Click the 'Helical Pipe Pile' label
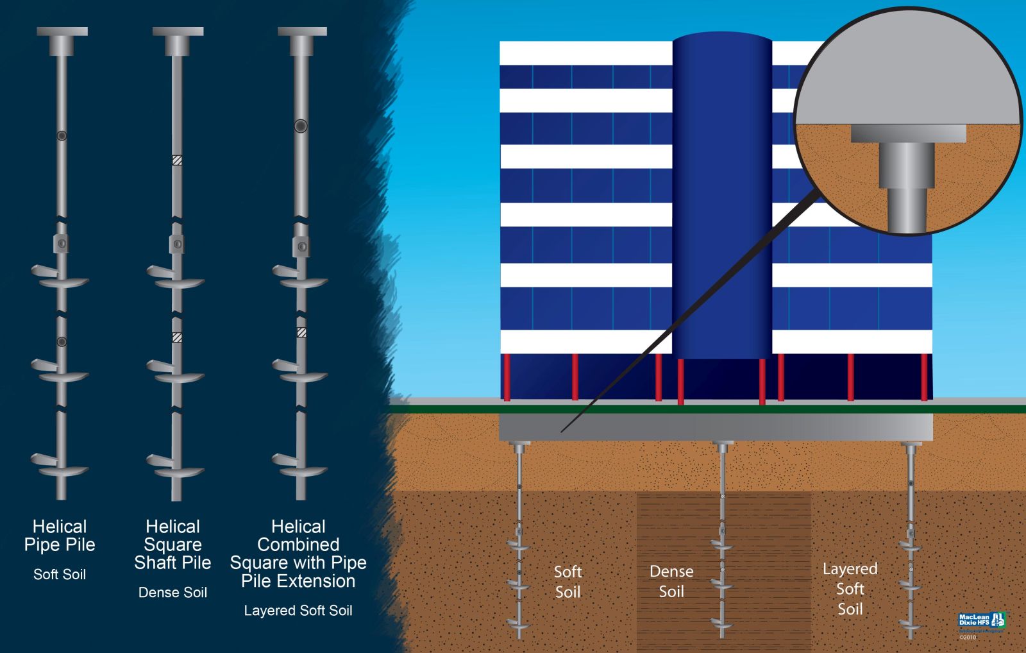point(60,536)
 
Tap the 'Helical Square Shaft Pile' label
point(172,545)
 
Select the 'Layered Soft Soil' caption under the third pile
point(298,610)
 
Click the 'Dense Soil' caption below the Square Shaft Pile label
point(172,592)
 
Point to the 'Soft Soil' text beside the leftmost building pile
point(568,581)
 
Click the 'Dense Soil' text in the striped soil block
point(671,581)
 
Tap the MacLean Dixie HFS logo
point(981,621)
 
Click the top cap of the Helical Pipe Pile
point(62,32)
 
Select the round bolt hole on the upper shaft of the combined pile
point(301,126)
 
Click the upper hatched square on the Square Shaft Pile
point(178,160)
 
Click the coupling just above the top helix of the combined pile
point(301,246)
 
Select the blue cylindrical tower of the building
point(722,192)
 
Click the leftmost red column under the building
point(507,377)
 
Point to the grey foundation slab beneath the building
point(715,427)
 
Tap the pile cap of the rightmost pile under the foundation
point(911,444)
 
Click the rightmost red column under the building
point(924,377)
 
